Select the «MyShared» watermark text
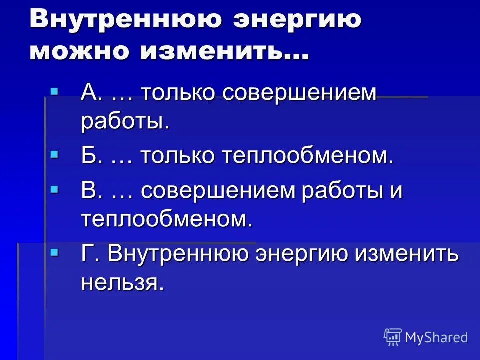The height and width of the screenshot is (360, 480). pyautogui.click(x=436, y=337)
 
